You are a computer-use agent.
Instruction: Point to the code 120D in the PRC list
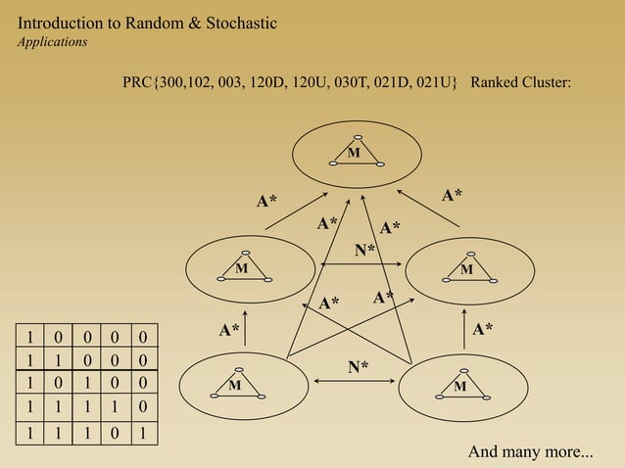272,83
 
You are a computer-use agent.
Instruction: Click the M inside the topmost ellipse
354,153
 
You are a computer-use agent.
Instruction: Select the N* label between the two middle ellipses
364,251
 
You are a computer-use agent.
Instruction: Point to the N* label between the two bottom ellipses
359,367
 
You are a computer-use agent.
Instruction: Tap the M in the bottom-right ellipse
459,386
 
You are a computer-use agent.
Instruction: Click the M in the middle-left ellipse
241,267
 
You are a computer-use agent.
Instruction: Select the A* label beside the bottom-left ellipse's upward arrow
228,330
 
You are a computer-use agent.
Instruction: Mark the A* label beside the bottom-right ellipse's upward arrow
482,330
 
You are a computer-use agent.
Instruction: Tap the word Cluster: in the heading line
548,83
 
